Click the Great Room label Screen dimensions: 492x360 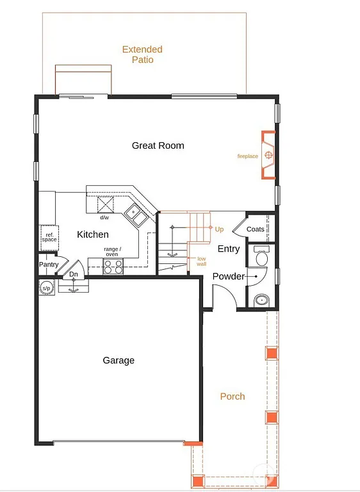pos(158,145)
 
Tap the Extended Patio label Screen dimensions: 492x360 pos(142,54)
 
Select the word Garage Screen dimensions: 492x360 pos(119,360)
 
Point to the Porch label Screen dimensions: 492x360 pos(233,397)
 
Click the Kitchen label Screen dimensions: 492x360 pos(93,234)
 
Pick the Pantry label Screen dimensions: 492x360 pos(49,265)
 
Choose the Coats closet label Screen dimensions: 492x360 pos(256,229)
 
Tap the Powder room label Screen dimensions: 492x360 pos(229,276)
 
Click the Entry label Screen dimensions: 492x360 pos(229,249)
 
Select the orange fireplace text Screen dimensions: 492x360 pos(248,156)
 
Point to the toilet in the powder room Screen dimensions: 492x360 pos(261,258)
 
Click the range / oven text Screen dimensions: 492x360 pos(112,252)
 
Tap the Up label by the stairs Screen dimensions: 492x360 pos(219,229)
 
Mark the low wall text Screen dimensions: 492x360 pos(201,261)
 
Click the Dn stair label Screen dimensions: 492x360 pos(74,275)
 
